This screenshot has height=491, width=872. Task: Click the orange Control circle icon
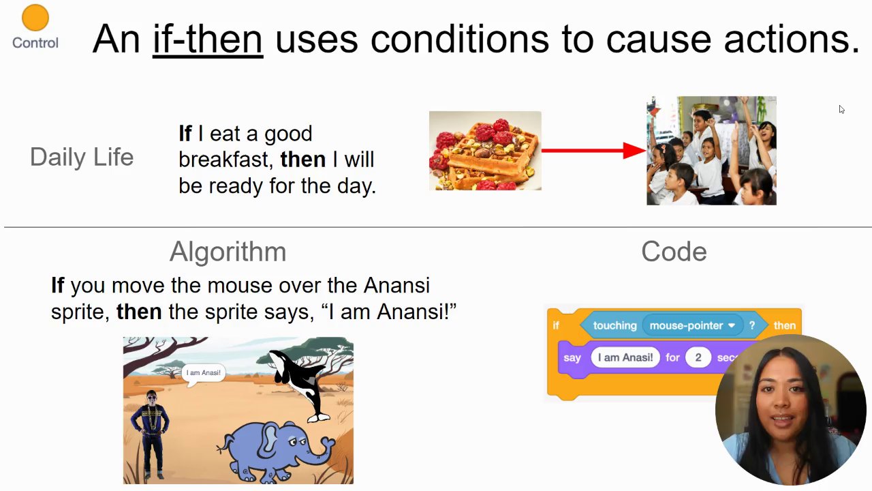pyautogui.click(x=35, y=18)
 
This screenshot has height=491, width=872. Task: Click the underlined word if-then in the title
pyautogui.click(x=208, y=40)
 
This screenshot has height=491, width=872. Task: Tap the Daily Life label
pyautogui.click(x=82, y=157)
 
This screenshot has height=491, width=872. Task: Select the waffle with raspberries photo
pyautogui.click(x=485, y=151)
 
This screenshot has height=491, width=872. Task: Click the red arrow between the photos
pyautogui.click(x=593, y=151)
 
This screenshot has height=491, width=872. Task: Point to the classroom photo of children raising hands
pyautogui.click(x=712, y=151)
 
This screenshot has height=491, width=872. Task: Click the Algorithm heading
pyautogui.click(x=228, y=252)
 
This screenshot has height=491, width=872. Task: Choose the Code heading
pyautogui.click(x=674, y=252)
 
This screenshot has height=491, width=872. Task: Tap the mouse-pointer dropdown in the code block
pyautogui.click(x=693, y=325)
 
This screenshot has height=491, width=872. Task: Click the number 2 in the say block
pyautogui.click(x=698, y=357)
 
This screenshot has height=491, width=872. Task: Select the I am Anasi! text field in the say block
pyautogui.click(x=625, y=357)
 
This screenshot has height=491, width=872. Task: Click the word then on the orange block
pyautogui.click(x=784, y=325)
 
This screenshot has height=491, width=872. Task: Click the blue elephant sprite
pyautogui.click(x=275, y=451)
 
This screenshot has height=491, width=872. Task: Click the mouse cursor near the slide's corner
pyautogui.click(x=841, y=109)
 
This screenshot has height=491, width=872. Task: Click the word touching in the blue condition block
pyautogui.click(x=614, y=325)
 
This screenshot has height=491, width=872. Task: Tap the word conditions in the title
pyautogui.click(x=459, y=40)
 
